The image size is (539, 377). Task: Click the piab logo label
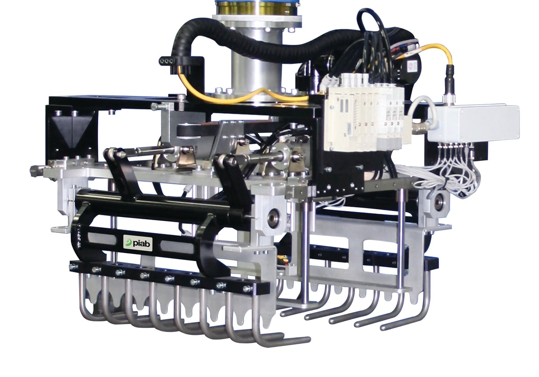[138, 243]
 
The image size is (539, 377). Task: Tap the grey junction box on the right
[473, 123]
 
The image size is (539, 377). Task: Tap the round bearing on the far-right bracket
[439, 203]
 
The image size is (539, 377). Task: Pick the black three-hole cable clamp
[168, 61]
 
